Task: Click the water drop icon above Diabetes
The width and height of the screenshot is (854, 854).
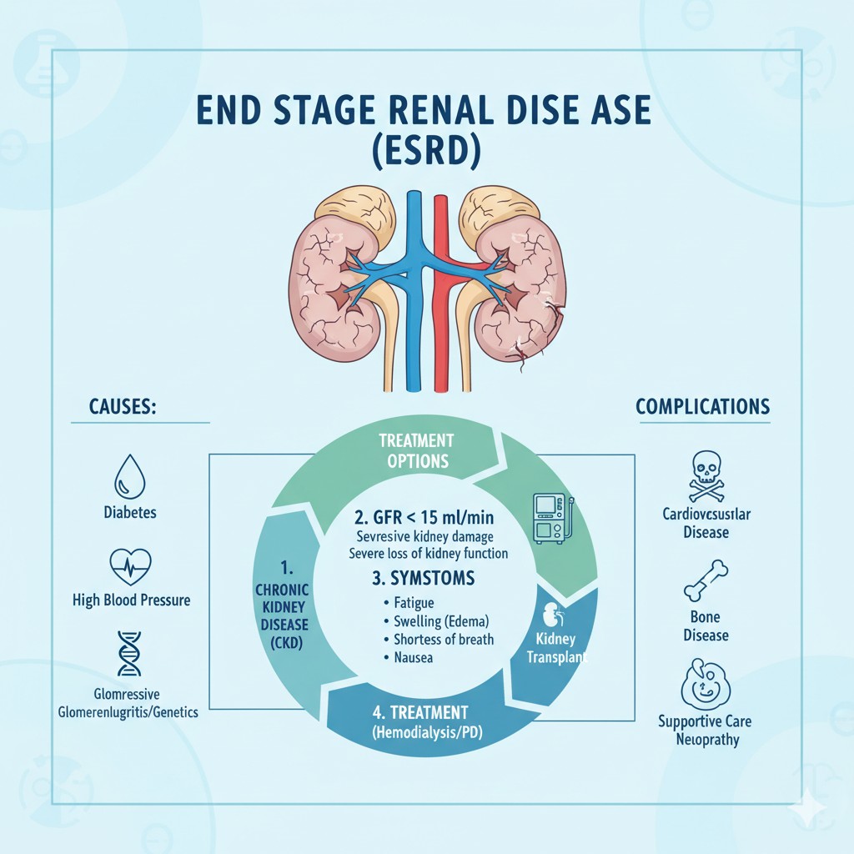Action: pos(129,477)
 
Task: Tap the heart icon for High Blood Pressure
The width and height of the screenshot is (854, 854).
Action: pos(131,568)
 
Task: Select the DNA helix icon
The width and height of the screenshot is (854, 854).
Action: pos(130,653)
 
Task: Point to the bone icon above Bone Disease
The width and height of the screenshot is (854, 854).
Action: pos(706,580)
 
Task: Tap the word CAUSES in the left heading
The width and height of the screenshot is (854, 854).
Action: pos(123,408)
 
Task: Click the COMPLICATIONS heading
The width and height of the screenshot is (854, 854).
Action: pos(702,407)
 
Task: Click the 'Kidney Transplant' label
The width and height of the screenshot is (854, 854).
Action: pos(556,647)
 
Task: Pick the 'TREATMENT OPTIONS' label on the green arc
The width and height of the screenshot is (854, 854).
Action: pos(416,450)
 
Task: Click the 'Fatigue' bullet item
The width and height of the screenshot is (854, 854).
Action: pos(408,602)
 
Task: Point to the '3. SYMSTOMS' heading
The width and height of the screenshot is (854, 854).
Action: pos(425,577)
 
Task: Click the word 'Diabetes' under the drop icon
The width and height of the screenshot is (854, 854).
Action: pos(130,513)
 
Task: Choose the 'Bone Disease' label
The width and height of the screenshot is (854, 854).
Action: pos(706,626)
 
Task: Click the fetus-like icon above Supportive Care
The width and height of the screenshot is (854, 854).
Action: pos(706,684)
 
